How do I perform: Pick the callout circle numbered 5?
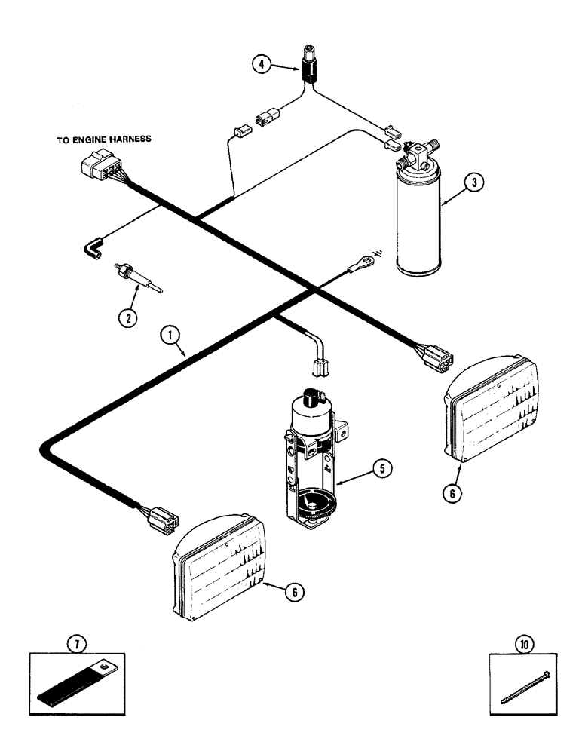click(x=381, y=468)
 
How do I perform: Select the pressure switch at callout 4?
click(x=309, y=65)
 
